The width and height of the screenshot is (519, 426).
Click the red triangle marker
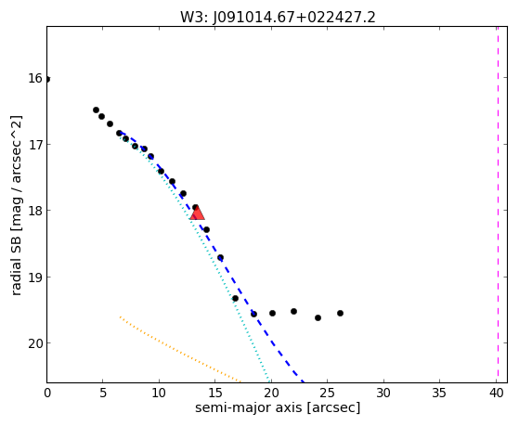click(x=198, y=213)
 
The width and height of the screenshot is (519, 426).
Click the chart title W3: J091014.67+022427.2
click(x=278, y=18)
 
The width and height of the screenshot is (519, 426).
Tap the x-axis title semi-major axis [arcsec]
click(x=278, y=407)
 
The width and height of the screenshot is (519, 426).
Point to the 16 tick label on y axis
click(x=35, y=79)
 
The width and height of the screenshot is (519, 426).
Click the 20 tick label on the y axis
click(x=35, y=343)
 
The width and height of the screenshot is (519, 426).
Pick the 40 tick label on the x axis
click(x=496, y=393)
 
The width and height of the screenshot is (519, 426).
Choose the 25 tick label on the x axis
click(x=327, y=393)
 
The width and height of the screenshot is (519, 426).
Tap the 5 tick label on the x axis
click(x=103, y=393)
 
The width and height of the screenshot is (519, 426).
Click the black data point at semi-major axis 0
click(x=47, y=80)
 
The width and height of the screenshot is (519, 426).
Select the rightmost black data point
click(x=340, y=313)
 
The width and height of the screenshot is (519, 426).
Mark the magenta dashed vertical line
click(x=498, y=204)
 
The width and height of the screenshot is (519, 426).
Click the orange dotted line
click(x=180, y=350)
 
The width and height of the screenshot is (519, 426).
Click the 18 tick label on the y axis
click(x=35, y=211)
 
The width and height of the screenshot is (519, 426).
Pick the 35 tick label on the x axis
click(x=439, y=393)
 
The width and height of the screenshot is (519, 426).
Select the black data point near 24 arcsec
click(x=318, y=317)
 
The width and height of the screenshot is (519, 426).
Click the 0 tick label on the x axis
click(x=47, y=393)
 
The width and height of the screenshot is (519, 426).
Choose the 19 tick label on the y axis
click(x=35, y=278)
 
